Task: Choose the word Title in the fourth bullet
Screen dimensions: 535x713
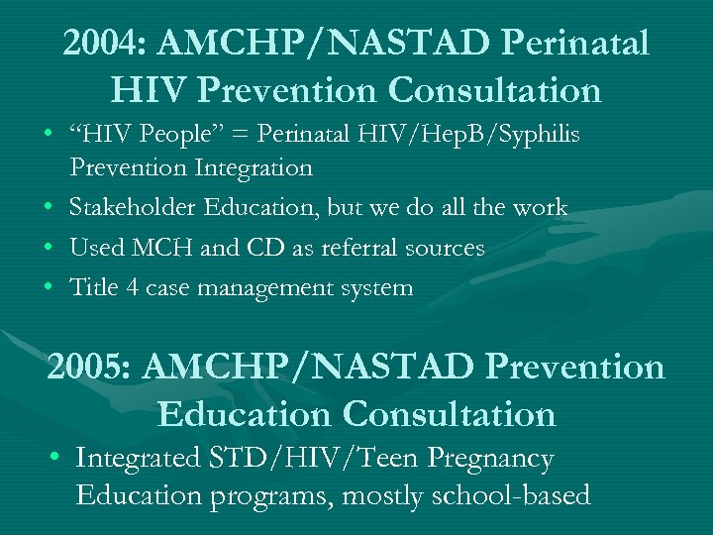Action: [92, 288]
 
